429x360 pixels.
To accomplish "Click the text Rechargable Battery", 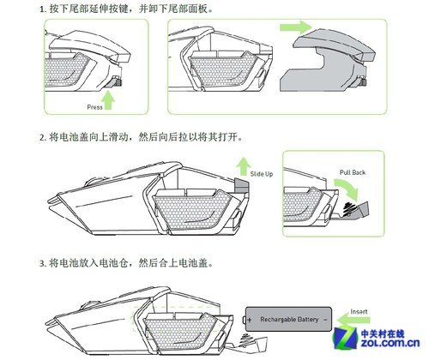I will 289,320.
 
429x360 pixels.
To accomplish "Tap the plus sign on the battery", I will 252,320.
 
